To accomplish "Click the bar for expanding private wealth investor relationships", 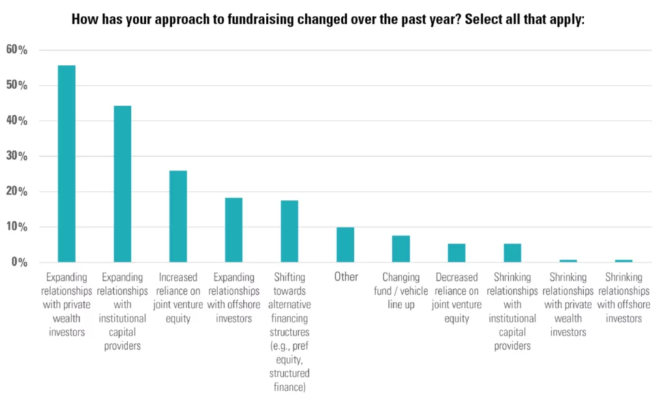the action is pyautogui.click(x=67, y=164).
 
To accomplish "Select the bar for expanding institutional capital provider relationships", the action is pyautogui.click(x=122, y=183).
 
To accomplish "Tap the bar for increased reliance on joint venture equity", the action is pyautogui.click(x=178, y=217).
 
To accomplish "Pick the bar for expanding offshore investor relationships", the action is pyautogui.click(x=234, y=230).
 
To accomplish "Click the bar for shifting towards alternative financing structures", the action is pyautogui.click(x=289, y=231).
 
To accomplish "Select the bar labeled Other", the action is pyautogui.click(x=345, y=245).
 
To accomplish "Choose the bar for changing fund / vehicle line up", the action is pyautogui.click(x=401, y=249).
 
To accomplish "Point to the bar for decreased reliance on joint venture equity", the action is pyautogui.click(x=457, y=253).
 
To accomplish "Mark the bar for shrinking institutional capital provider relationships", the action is pyautogui.click(x=513, y=253).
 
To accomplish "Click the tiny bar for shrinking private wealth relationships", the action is pyautogui.click(x=568, y=261).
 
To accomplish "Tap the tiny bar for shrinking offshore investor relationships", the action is pyautogui.click(x=624, y=261).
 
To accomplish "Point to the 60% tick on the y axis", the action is pyautogui.click(x=16, y=50).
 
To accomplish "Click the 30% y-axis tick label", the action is pyautogui.click(x=16, y=156).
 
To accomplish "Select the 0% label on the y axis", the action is pyautogui.click(x=20, y=262).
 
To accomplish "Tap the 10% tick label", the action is pyautogui.click(x=16, y=226).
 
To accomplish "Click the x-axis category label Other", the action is pyautogui.click(x=346, y=277).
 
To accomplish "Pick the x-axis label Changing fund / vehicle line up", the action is pyautogui.click(x=401, y=291).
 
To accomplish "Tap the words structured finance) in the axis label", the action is pyautogui.click(x=289, y=380).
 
